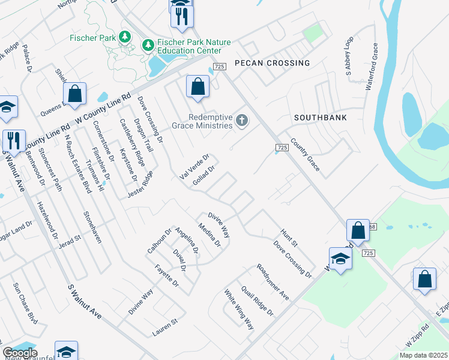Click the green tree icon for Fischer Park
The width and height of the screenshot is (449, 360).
(125, 38)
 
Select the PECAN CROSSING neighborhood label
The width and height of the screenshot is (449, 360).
(272, 63)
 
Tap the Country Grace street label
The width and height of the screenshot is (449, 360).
(305, 155)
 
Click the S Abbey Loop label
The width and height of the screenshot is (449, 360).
(349, 57)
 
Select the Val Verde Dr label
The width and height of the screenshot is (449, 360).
(194, 166)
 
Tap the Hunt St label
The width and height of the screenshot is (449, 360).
(289, 238)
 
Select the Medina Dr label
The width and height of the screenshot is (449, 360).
(210, 236)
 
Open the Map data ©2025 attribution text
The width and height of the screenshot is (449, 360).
(423, 355)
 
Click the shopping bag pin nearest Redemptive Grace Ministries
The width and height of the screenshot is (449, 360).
(197, 88)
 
